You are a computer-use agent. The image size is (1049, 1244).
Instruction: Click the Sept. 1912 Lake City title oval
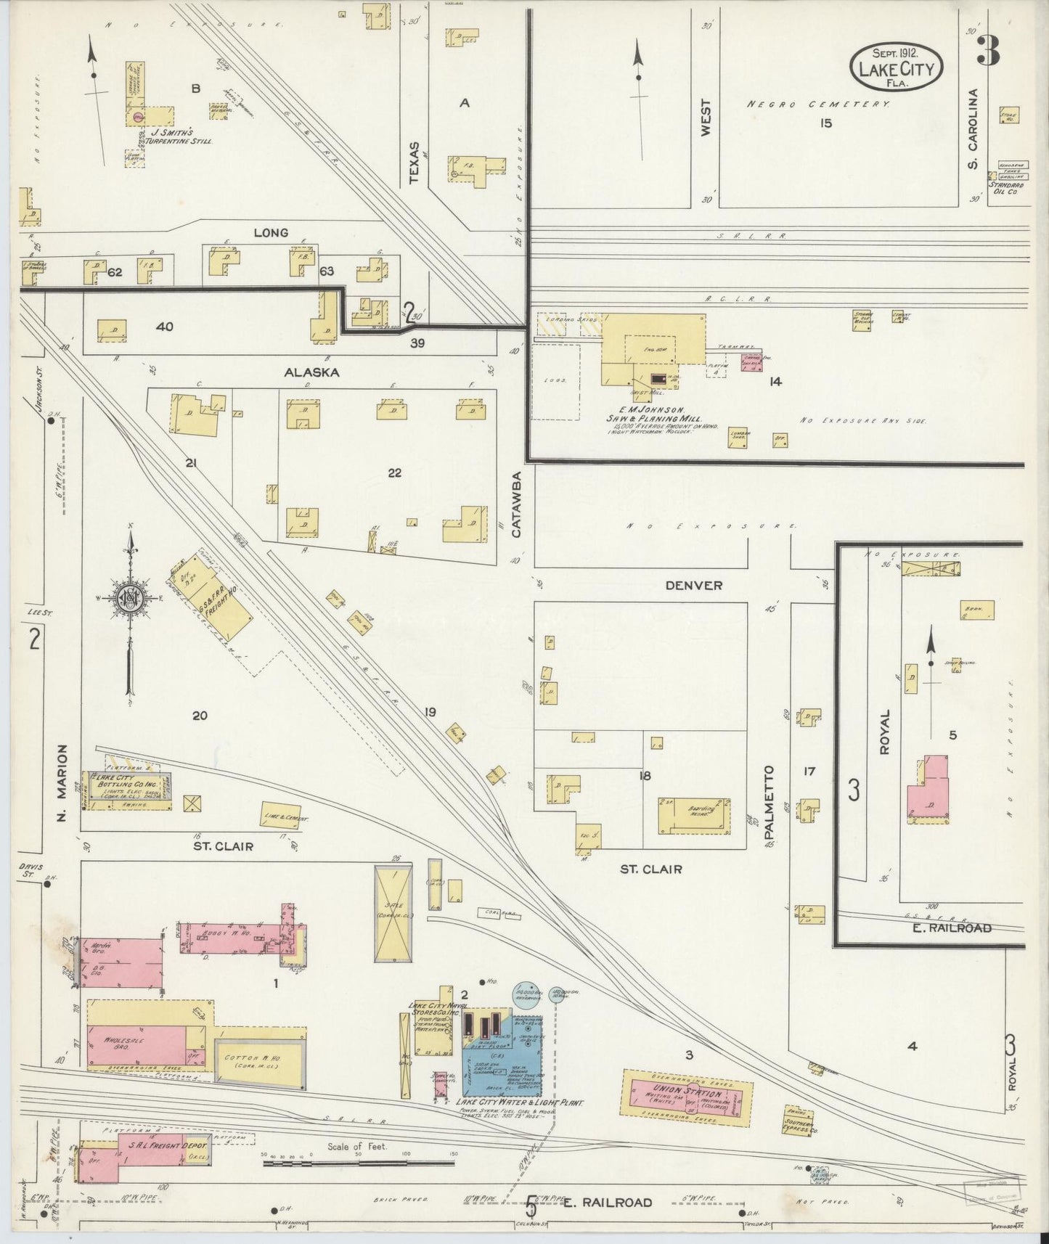coord(897,65)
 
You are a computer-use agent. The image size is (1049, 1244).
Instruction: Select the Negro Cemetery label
coord(819,105)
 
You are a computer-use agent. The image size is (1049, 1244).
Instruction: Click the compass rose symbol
coord(129,599)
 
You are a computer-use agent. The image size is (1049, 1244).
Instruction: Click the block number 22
coord(394,473)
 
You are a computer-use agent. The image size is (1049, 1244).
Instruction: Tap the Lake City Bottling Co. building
coord(127,790)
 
